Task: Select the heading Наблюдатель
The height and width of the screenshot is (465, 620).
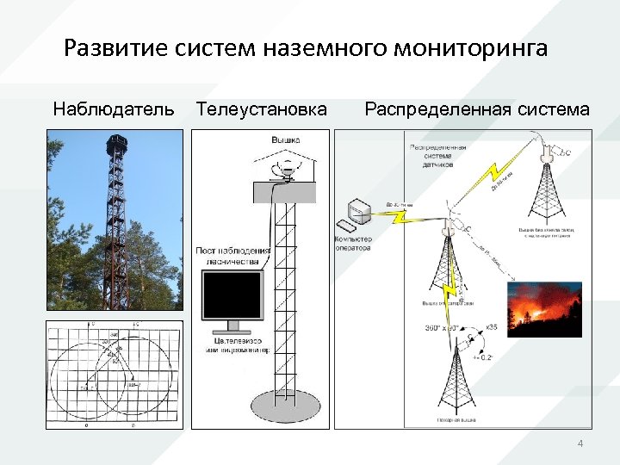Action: pos(114,109)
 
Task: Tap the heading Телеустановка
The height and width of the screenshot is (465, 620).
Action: pos(262,109)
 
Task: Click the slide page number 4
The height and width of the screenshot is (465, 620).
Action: pos(580,443)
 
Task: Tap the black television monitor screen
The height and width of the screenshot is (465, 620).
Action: pos(231,295)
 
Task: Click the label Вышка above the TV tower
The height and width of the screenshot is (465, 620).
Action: pos(286,139)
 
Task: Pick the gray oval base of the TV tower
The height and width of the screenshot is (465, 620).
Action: pos(288,404)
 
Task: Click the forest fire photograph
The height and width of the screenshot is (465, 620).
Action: pos(544,306)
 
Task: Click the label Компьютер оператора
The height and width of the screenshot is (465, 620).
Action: pos(352,243)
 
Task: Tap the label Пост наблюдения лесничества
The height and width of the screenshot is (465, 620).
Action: pos(233,256)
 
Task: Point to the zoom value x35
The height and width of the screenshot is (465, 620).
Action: pos(492,326)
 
